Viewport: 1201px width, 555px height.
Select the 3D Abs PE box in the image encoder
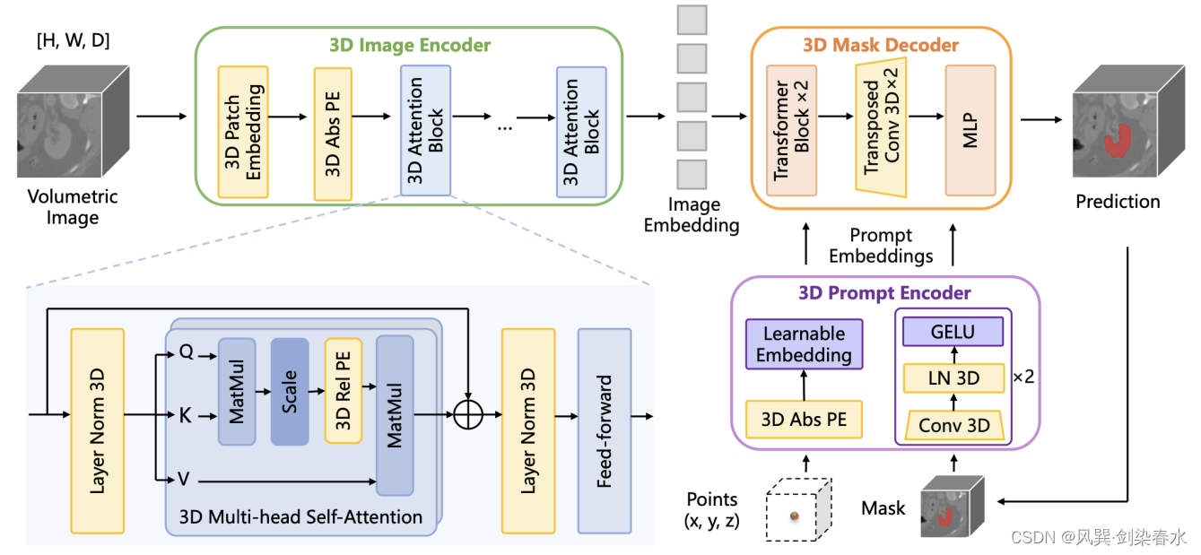coord(333,134)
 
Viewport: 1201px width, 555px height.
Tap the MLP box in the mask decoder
coord(970,130)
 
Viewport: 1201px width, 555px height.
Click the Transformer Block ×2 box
coord(791,130)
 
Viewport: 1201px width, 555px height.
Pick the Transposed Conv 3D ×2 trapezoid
coord(882,130)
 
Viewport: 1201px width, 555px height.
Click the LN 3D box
coord(953,378)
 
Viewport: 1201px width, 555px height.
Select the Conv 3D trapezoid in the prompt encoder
coord(953,424)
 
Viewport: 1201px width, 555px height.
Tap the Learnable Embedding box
coord(804,344)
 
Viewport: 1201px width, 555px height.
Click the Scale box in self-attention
coord(290,392)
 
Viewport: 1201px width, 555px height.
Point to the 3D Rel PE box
coord(344,392)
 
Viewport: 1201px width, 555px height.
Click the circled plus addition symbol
coord(468,415)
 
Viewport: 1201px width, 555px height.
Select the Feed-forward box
coord(604,430)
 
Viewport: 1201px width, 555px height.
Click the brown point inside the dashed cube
coord(795,516)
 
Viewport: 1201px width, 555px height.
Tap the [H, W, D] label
coord(73,40)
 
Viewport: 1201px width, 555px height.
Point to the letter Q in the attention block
coord(185,353)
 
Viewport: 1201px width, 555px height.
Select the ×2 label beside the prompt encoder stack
coord(1023,377)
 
